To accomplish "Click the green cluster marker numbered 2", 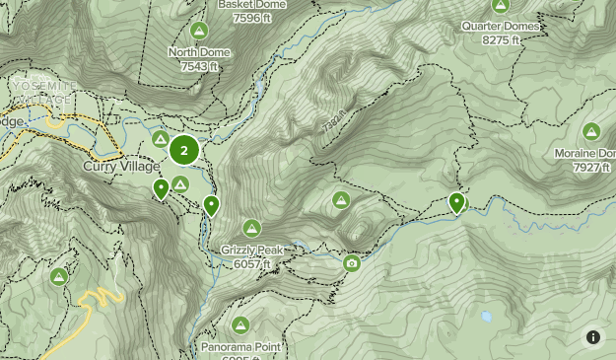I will tap(183, 151).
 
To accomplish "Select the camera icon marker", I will tap(352, 262).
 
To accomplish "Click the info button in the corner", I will tap(592, 337).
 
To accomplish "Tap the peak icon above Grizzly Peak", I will tap(252, 228).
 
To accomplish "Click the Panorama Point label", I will tap(240, 347).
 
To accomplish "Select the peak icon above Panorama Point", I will tap(240, 324).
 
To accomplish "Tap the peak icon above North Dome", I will tap(200, 31).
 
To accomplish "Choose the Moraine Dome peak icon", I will tap(591, 131).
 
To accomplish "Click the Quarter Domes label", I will tap(500, 27).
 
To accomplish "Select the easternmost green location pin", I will tap(456, 202).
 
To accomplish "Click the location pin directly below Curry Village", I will tap(161, 188).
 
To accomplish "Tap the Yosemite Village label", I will tap(41, 93).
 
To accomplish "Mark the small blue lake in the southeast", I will tap(486, 318).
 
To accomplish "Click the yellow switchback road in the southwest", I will tap(97, 300).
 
